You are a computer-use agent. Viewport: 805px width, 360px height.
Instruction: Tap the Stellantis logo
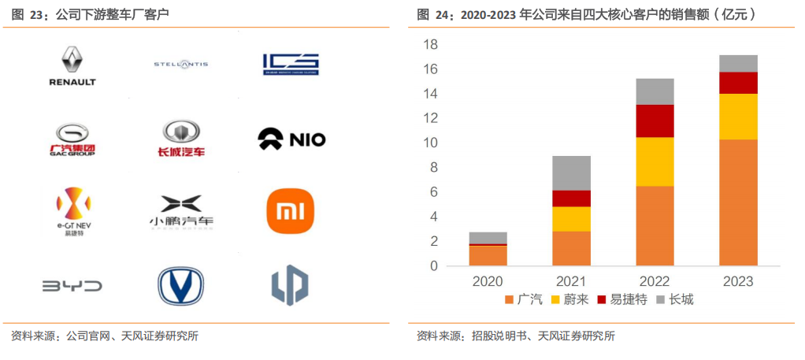pos(180,64)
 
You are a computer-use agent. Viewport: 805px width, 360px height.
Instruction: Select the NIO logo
pos(291,140)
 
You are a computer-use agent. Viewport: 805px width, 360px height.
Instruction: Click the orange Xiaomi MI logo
pos(291,210)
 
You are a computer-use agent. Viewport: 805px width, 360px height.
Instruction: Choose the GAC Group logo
pos(72,139)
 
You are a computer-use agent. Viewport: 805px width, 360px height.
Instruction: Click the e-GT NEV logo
pos(72,211)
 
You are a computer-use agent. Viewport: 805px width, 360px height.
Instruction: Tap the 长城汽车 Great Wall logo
pos(181,138)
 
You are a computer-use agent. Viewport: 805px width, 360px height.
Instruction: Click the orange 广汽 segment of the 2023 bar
pos(738,202)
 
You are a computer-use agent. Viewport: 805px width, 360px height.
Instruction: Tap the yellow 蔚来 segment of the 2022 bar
pos(655,161)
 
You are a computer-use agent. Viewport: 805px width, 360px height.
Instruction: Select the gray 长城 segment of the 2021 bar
pos(571,173)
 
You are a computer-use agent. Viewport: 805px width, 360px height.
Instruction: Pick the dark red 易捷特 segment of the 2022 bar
pos(655,121)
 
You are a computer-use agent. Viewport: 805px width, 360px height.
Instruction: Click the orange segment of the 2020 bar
pos(488,256)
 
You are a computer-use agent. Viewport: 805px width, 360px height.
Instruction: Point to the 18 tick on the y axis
pos(430,45)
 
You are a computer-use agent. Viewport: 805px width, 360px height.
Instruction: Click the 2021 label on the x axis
pos(571,281)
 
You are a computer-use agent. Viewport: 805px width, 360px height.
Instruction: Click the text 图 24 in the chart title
pos(434,14)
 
